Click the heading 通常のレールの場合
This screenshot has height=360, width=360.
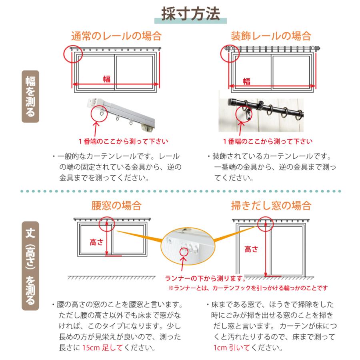(116, 36)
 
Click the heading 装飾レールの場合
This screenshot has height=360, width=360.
(271, 36)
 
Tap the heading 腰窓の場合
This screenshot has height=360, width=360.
(116, 206)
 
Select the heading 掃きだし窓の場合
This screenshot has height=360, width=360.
(271, 206)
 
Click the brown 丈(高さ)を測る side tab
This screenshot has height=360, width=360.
(30, 266)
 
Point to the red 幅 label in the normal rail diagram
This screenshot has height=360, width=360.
(107, 79)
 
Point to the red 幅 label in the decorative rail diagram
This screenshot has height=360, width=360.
(247, 81)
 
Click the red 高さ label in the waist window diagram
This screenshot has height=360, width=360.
(97, 242)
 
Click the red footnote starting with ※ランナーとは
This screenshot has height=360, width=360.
(248, 288)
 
